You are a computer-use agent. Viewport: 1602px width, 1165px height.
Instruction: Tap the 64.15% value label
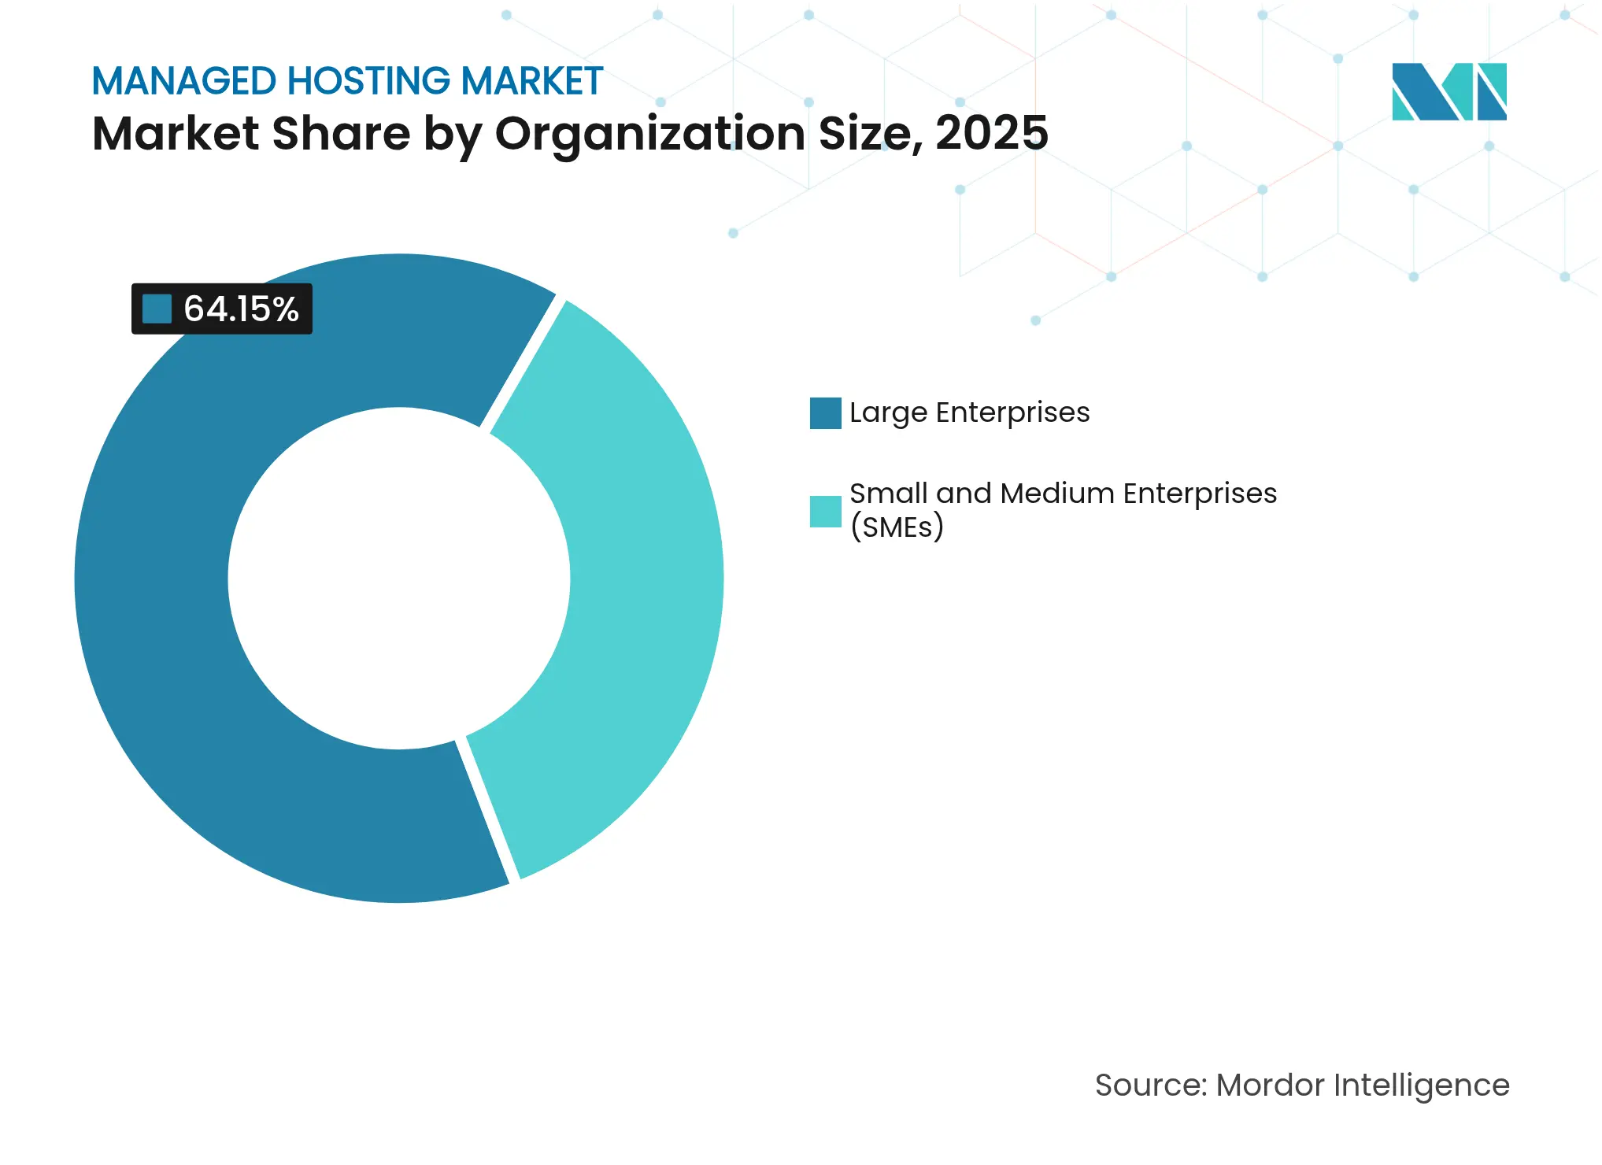(241, 309)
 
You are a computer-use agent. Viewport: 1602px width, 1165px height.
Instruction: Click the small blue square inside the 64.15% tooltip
(157, 309)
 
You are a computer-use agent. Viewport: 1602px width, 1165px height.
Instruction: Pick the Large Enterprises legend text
(969, 412)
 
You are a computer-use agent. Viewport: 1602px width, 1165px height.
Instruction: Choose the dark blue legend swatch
(825, 413)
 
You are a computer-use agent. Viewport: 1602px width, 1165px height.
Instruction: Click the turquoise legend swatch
(825, 511)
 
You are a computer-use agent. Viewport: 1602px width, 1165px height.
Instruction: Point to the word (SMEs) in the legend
(897, 527)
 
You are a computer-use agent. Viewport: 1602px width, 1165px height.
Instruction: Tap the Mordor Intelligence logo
(1448, 91)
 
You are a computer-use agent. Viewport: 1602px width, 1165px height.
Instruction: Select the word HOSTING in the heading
(368, 81)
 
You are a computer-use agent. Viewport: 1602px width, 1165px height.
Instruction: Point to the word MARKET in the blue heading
(532, 81)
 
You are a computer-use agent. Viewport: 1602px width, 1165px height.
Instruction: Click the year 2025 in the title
(992, 133)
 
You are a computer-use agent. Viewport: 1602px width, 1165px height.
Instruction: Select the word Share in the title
(341, 133)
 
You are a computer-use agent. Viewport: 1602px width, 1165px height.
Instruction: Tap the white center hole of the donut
(399, 579)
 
